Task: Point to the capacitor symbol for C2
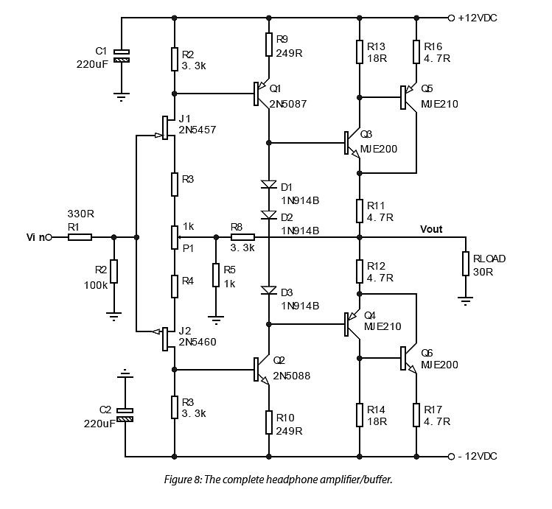pos(125,415)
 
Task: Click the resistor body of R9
pos(269,45)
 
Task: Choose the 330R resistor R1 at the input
pos(80,237)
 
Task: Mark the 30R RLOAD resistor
pos(466,264)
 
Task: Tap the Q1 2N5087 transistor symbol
pos(262,94)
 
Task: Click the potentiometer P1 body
pos(175,238)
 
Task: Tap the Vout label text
pos(431,229)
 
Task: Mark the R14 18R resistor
pos(359,414)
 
